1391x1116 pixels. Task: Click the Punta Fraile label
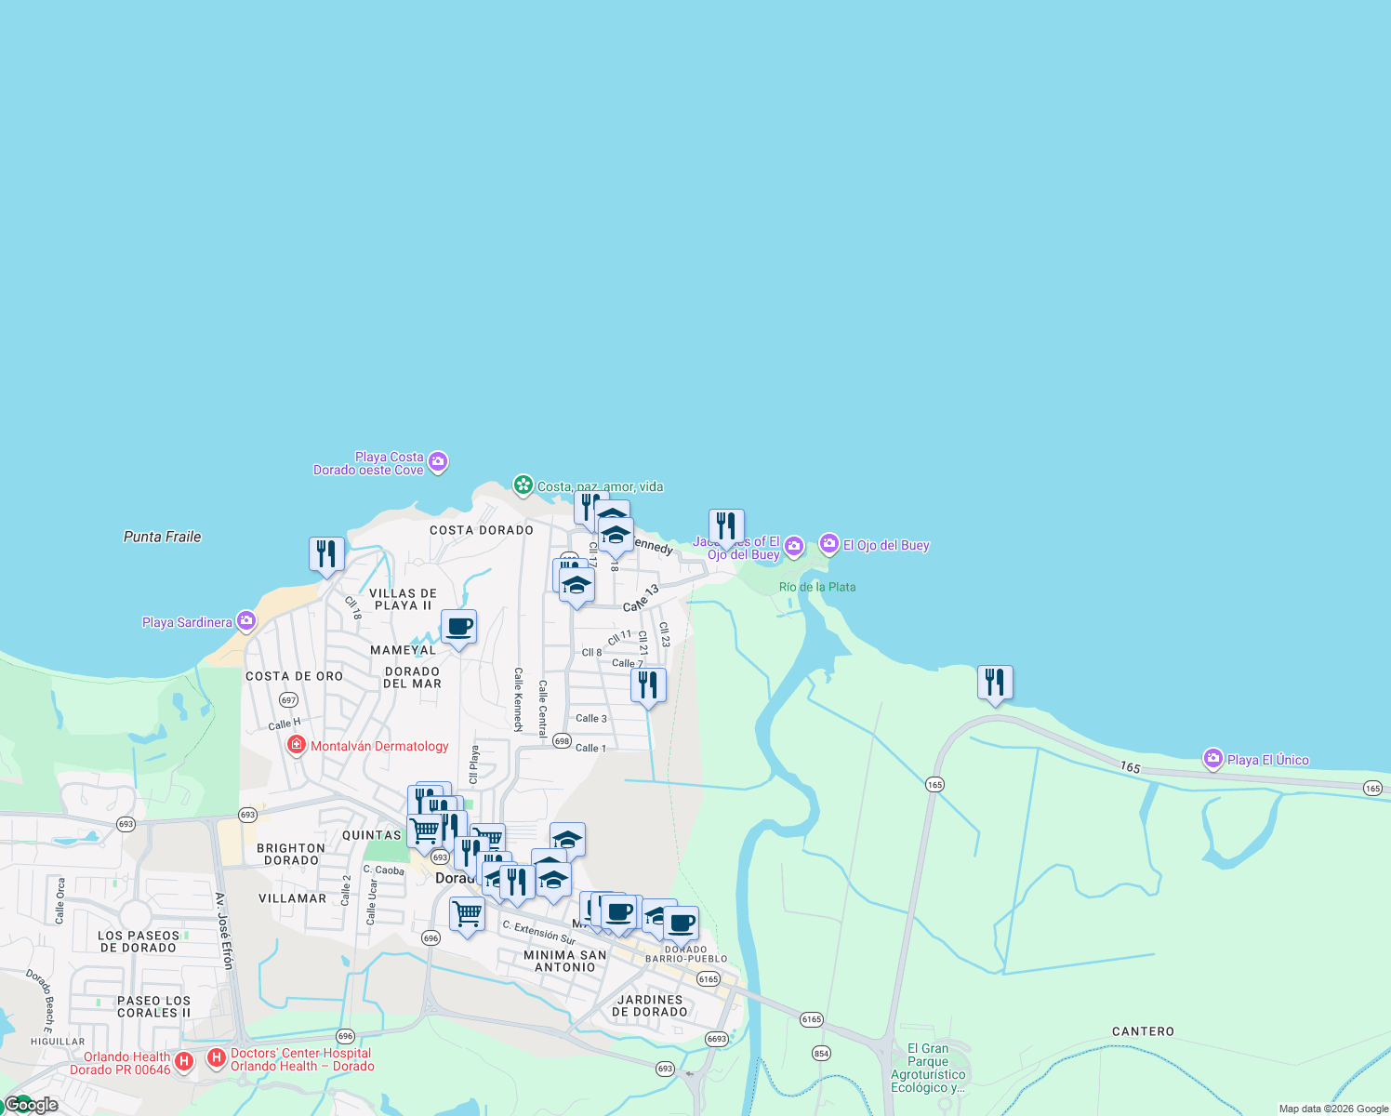point(162,537)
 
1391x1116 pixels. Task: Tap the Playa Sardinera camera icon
point(245,621)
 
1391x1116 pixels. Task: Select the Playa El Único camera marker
point(1212,759)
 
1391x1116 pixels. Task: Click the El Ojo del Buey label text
point(886,545)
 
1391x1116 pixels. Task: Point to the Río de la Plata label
point(817,587)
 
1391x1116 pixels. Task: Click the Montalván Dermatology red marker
point(297,745)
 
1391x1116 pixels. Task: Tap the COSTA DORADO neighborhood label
point(482,530)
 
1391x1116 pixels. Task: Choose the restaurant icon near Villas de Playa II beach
point(326,553)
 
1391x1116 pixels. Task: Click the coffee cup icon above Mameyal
point(458,626)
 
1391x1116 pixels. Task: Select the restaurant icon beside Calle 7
point(648,684)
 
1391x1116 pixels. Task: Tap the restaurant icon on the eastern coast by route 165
point(995,682)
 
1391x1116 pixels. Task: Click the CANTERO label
point(1143,1031)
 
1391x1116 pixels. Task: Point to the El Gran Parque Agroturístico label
point(928,1068)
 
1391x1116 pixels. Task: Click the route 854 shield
point(821,1053)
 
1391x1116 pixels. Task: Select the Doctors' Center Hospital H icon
point(217,1058)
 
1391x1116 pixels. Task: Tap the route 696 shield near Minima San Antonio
point(431,937)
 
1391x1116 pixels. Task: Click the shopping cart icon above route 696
point(467,913)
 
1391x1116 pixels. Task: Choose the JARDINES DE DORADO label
point(650,1005)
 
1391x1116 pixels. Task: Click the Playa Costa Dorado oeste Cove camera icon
point(438,461)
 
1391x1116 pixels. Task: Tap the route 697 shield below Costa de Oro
point(288,699)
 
